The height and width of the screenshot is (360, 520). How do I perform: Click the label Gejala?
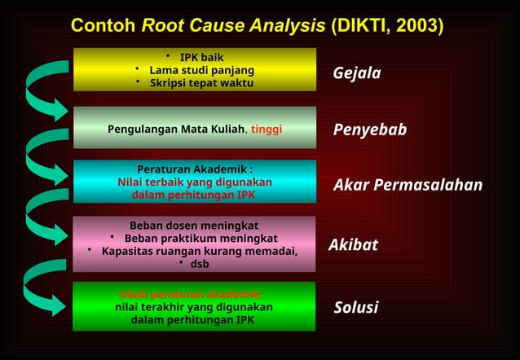(356, 74)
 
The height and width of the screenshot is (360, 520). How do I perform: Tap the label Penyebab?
(369, 130)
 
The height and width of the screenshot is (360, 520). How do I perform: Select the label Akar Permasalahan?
(408, 185)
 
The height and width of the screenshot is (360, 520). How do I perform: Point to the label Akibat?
(353, 245)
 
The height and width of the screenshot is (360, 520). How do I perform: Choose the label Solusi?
(356, 308)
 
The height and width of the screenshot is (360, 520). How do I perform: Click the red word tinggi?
(267, 130)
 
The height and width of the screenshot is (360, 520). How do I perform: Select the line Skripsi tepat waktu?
(201, 83)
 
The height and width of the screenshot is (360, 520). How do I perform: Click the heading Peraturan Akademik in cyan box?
(194, 169)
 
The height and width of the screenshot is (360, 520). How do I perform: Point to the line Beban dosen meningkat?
(194, 225)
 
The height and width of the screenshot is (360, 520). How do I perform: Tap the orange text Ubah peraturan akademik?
(192, 294)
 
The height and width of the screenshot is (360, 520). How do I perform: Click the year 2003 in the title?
(415, 25)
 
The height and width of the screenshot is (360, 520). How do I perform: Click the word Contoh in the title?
(104, 25)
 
